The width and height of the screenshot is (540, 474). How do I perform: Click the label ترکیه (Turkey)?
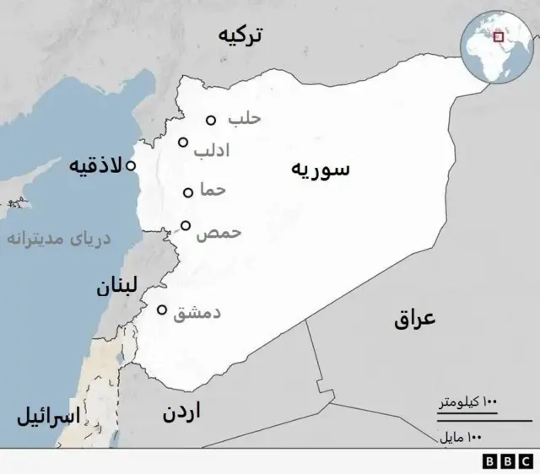coord(240,35)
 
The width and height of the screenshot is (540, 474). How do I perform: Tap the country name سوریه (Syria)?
coord(321,169)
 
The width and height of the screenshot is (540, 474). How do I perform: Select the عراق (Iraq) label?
coord(414,319)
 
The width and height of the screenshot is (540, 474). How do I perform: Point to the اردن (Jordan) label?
coord(181,414)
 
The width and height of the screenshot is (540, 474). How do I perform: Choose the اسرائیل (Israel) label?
coord(48,416)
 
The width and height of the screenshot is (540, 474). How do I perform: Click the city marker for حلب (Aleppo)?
coord(211,121)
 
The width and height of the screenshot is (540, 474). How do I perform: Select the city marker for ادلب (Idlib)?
coord(183,142)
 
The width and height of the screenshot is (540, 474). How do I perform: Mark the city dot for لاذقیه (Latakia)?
coord(131,166)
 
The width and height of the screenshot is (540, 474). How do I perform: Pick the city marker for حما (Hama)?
coord(188,192)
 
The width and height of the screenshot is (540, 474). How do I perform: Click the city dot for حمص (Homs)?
coord(186,225)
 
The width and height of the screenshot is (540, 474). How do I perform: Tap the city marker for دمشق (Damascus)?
coord(162,310)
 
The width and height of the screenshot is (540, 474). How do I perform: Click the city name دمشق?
coord(197,313)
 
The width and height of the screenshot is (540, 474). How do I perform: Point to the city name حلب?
coord(245,118)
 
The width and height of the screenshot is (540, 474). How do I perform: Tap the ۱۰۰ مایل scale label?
coord(461,438)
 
